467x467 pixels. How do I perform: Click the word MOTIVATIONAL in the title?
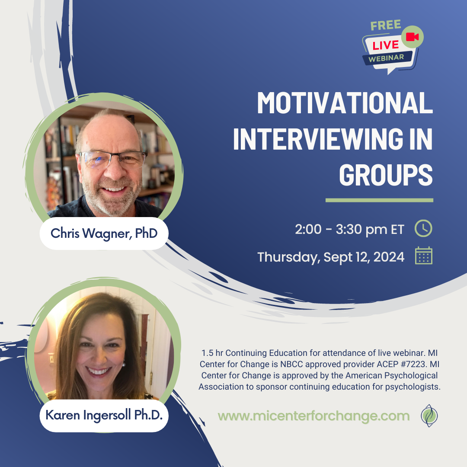[345, 102]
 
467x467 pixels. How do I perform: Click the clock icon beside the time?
[423, 228]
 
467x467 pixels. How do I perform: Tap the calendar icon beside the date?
[423, 256]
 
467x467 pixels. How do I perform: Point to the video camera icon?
[412, 37]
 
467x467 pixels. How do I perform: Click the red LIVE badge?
[386, 45]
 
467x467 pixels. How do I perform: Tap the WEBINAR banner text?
[386, 58]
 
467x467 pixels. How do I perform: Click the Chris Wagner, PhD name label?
[104, 233]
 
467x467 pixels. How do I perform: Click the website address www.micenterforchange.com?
[313, 416]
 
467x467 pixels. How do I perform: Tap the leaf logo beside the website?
[429, 416]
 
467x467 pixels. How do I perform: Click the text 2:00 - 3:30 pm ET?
[349, 229]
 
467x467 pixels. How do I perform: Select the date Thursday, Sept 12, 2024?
[331, 257]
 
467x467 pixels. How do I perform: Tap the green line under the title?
[379, 200]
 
